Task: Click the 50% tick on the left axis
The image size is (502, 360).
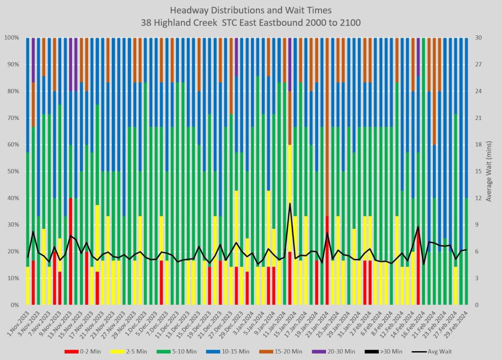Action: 12,171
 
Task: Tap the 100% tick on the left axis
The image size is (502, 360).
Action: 11,38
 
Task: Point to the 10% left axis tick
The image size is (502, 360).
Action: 12,278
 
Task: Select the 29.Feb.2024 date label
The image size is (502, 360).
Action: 457,321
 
